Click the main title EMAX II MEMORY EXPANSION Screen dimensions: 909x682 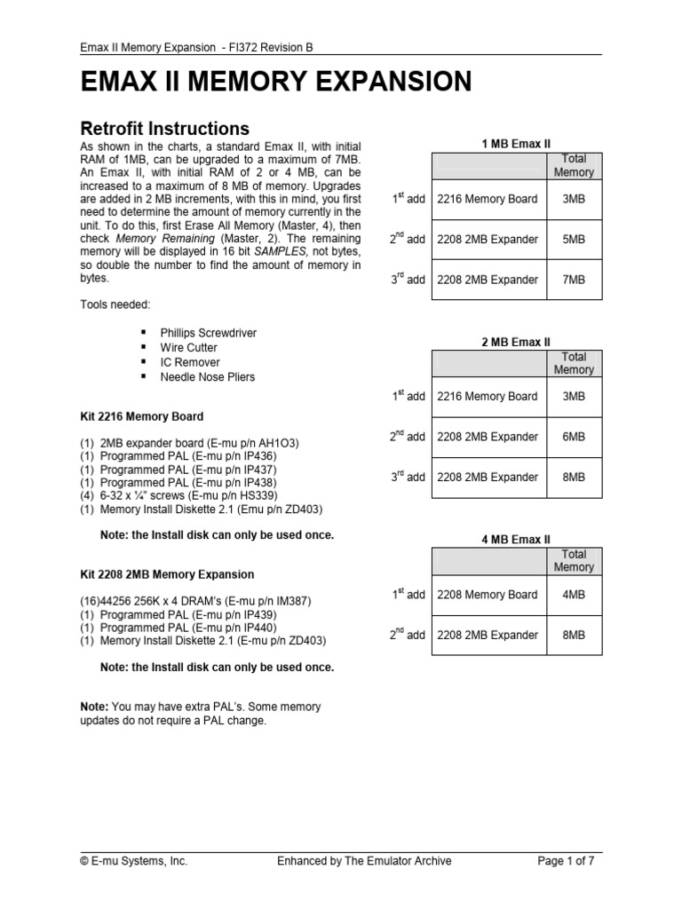point(276,83)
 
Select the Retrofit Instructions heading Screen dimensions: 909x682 point(164,129)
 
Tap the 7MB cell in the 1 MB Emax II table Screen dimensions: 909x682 point(574,280)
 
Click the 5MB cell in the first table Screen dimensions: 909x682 point(574,240)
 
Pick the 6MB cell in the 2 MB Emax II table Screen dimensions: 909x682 point(574,437)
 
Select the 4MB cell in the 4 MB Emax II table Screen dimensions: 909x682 point(574,595)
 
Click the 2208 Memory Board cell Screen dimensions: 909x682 point(488,595)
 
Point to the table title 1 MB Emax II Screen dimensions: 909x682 point(515,144)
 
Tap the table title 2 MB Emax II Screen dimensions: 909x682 point(515,342)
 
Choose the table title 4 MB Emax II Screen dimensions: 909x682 point(515,539)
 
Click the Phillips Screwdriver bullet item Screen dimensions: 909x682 point(208,333)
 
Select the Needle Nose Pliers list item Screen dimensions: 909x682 point(207,377)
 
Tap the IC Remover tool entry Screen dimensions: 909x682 point(190,362)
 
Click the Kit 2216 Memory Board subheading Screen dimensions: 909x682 point(141,416)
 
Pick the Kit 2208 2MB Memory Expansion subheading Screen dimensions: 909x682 point(167,574)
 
